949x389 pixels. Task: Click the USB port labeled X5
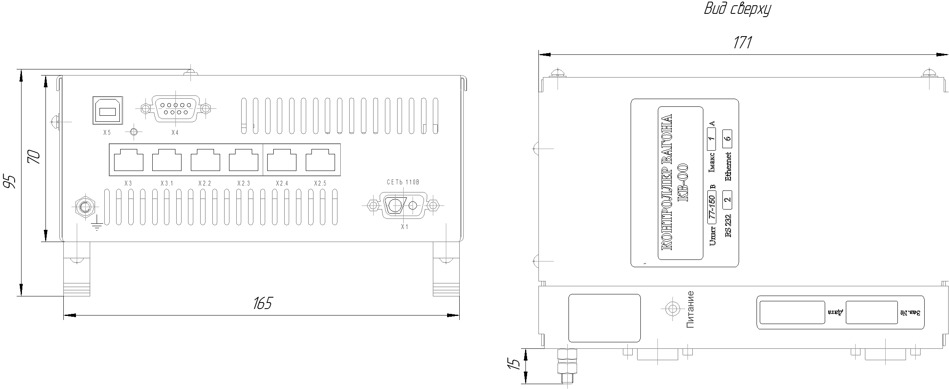point(108,110)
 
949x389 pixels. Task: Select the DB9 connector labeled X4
point(175,108)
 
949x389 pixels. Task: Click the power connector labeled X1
point(403,205)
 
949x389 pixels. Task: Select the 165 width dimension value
point(262,303)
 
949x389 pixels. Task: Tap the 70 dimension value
point(34,157)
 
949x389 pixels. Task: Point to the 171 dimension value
point(742,43)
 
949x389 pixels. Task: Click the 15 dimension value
point(514,364)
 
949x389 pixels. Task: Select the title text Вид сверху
point(737,9)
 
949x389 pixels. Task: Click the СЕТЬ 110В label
point(403,182)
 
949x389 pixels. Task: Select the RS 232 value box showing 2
point(727,199)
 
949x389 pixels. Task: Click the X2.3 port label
point(244,184)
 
